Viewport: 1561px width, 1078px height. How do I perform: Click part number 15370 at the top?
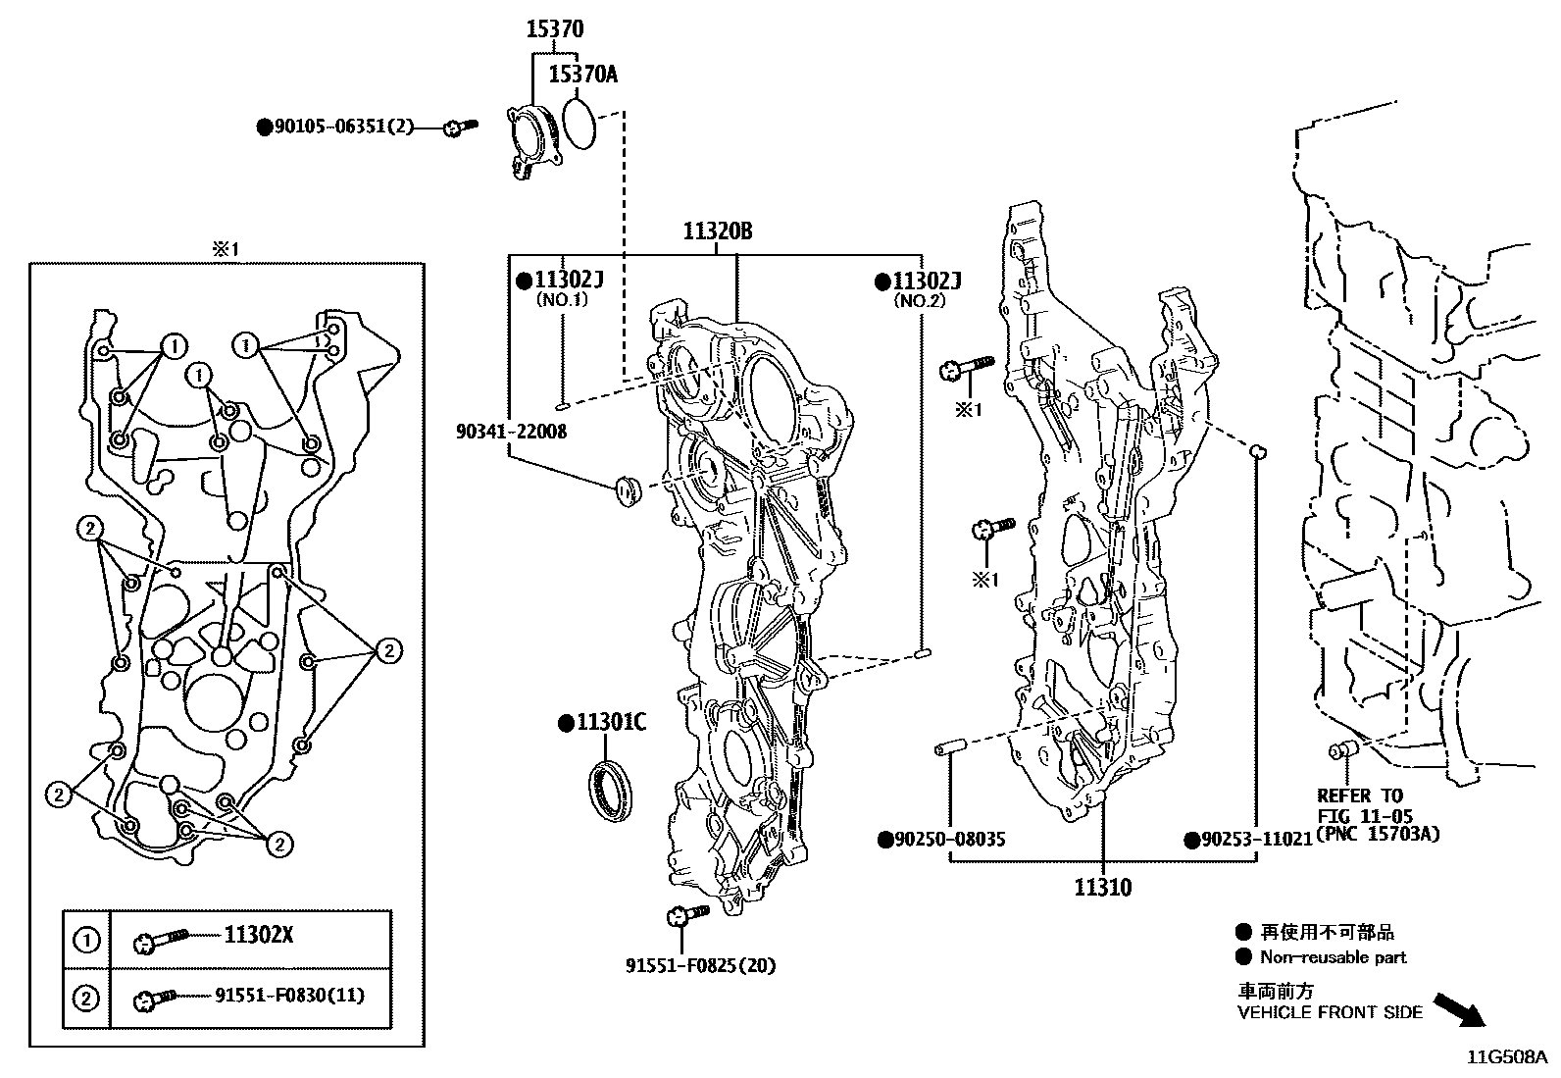[555, 29]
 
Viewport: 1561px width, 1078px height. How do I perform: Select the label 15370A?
[582, 75]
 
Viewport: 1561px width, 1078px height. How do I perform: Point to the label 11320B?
[718, 232]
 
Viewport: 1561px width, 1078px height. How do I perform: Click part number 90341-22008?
[511, 432]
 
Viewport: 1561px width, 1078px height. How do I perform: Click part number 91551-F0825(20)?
[700, 965]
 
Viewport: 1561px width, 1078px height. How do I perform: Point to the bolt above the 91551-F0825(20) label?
[686, 916]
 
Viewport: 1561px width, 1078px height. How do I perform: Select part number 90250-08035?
[949, 840]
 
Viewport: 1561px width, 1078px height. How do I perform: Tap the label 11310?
[1102, 888]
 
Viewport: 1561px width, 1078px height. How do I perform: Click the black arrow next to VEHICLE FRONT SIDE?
[1458, 1008]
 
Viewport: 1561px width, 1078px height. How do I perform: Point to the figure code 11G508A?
[1505, 1057]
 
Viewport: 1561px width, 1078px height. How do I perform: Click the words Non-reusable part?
[1333, 957]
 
